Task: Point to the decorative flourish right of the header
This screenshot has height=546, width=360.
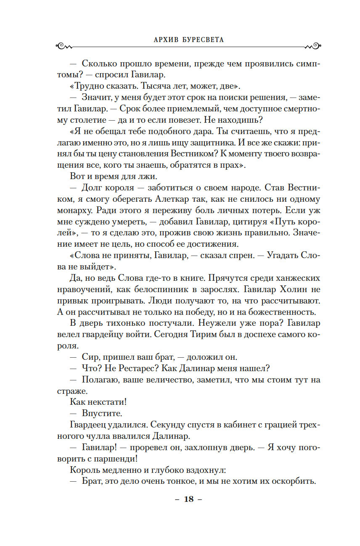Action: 311,45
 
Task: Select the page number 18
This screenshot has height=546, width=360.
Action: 189,499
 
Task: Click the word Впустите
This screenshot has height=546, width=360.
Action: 102,413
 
